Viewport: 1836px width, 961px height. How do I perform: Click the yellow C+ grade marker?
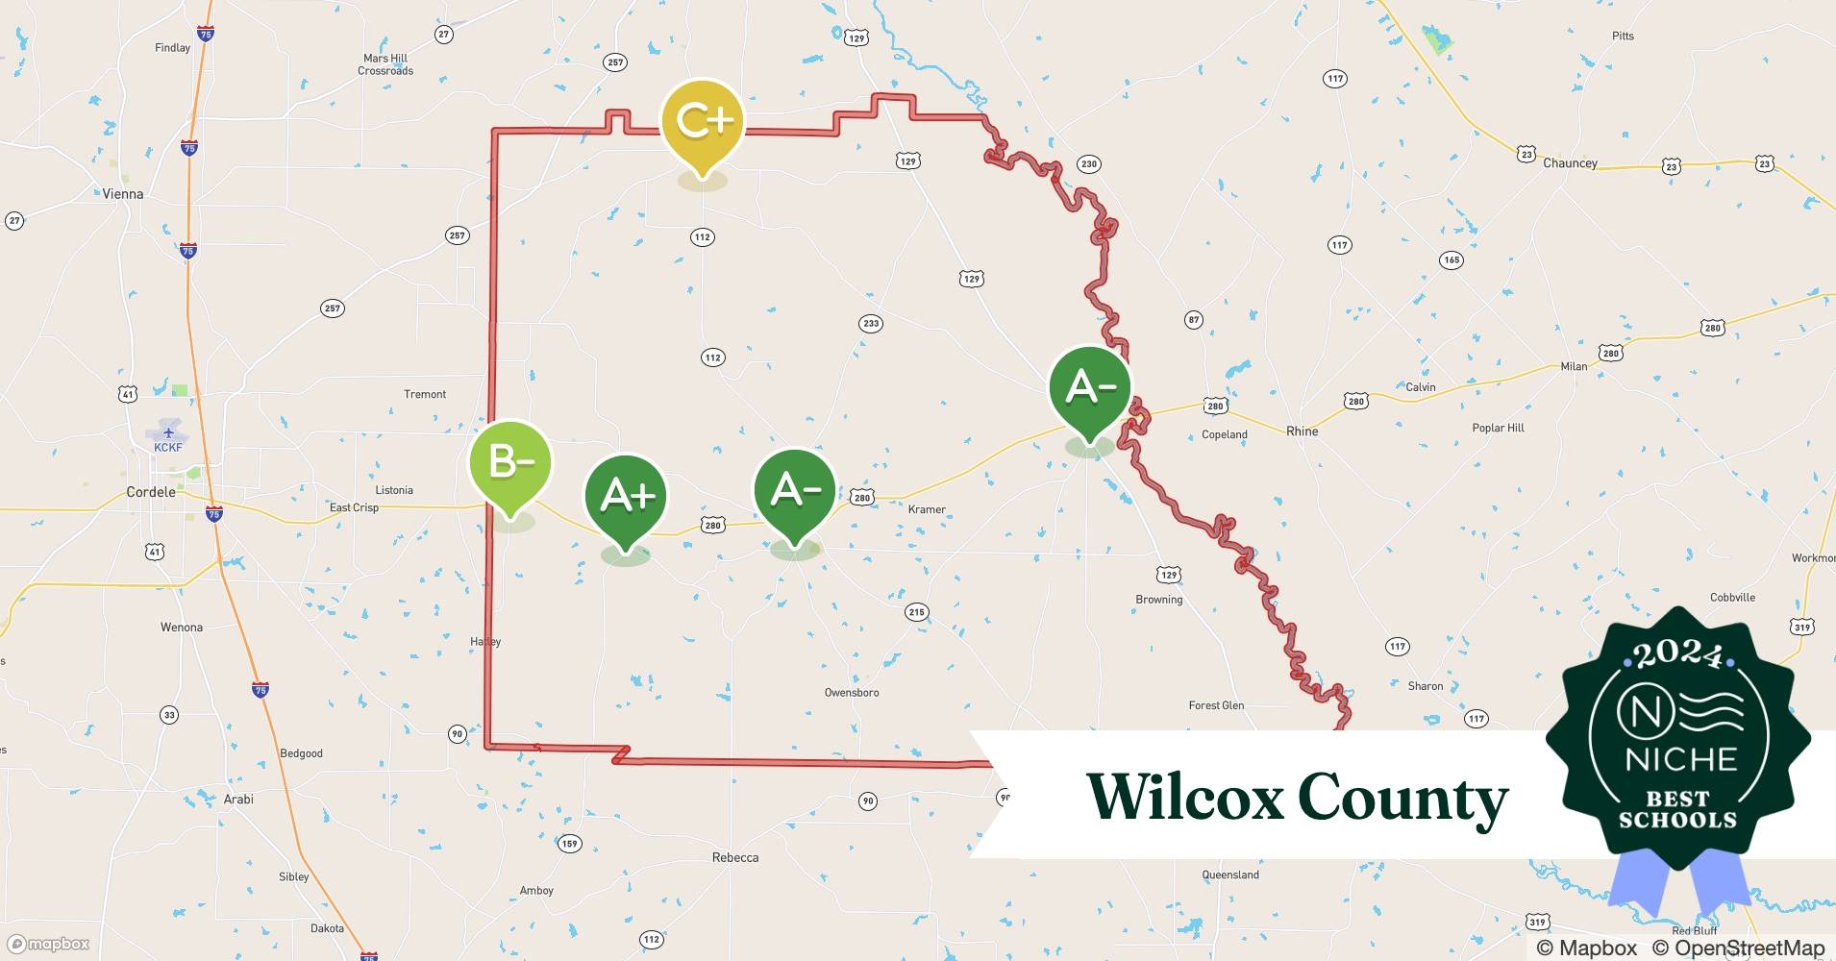pyautogui.click(x=702, y=122)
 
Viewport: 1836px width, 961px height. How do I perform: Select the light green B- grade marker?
pyautogui.click(x=510, y=463)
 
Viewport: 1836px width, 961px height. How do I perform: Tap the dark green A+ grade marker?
pyautogui.click(x=626, y=497)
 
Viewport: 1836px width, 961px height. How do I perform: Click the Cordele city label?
pyautogui.click(x=151, y=492)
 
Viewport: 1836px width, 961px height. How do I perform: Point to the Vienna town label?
pyautogui.click(x=123, y=194)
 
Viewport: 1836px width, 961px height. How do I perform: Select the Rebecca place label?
pyautogui.click(x=735, y=857)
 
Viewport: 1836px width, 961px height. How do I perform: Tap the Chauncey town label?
pyautogui.click(x=1570, y=163)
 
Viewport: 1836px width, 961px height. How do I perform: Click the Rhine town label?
pyautogui.click(x=1302, y=431)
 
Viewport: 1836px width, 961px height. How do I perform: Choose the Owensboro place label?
pyautogui.click(x=852, y=693)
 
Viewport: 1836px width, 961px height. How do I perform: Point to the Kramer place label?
pyautogui.click(x=927, y=509)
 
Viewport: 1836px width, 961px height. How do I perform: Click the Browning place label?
pyautogui.click(x=1159, y=600)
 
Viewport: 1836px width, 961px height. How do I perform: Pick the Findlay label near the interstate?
pyautogui.click(x=173, y=48)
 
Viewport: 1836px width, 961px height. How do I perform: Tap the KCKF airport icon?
pyautogui.click(x=168, y=432)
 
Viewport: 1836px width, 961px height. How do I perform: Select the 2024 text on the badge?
pyautogui.click(x=1678, y=654)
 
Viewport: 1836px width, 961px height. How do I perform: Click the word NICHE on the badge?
pyautogui.click(x=1681, y=759)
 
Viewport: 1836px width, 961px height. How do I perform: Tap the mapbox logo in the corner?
pyautogui.click(x=48, y=944)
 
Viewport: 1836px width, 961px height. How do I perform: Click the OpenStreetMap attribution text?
pyautogui.click(x=1738, y=948)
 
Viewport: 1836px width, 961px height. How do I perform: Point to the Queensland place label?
pyautogui.click(x=1230, y=875)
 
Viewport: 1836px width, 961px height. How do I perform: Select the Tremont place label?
pyautogui.click(x=425, y=395)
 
